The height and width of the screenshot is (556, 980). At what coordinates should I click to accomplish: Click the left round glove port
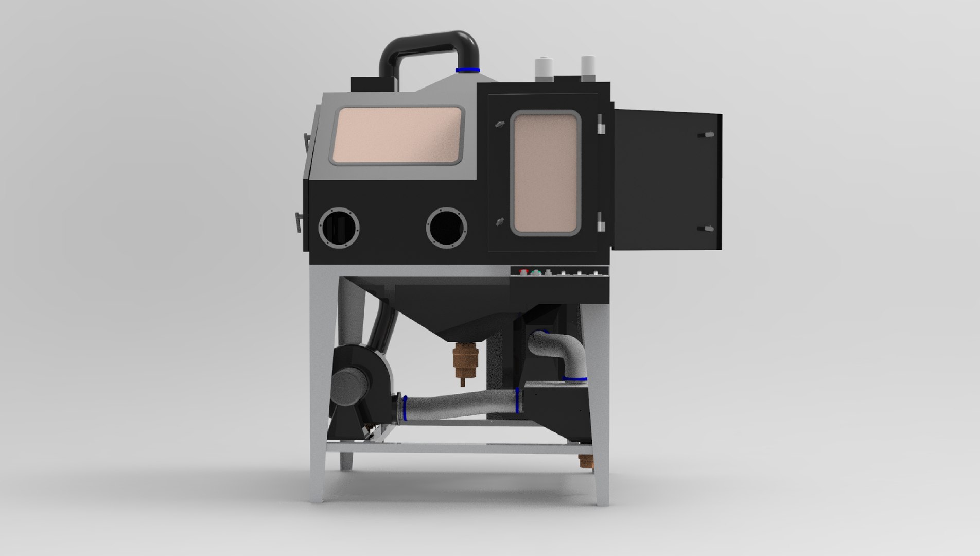click(339, 227)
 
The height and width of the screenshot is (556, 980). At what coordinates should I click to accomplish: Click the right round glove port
click(447, 227)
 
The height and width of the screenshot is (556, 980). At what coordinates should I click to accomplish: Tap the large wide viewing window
click(398, 136)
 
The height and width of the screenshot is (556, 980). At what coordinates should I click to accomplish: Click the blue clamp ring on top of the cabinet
click(468, 70)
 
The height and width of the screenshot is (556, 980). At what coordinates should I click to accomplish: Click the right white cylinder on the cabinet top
click(587, 67)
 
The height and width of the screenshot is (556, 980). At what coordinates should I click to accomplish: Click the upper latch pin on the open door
click(707, 135)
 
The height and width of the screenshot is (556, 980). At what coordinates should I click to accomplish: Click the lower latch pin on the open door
click(708, 228)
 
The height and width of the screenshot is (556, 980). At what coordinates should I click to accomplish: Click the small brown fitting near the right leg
click(585, 461)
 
